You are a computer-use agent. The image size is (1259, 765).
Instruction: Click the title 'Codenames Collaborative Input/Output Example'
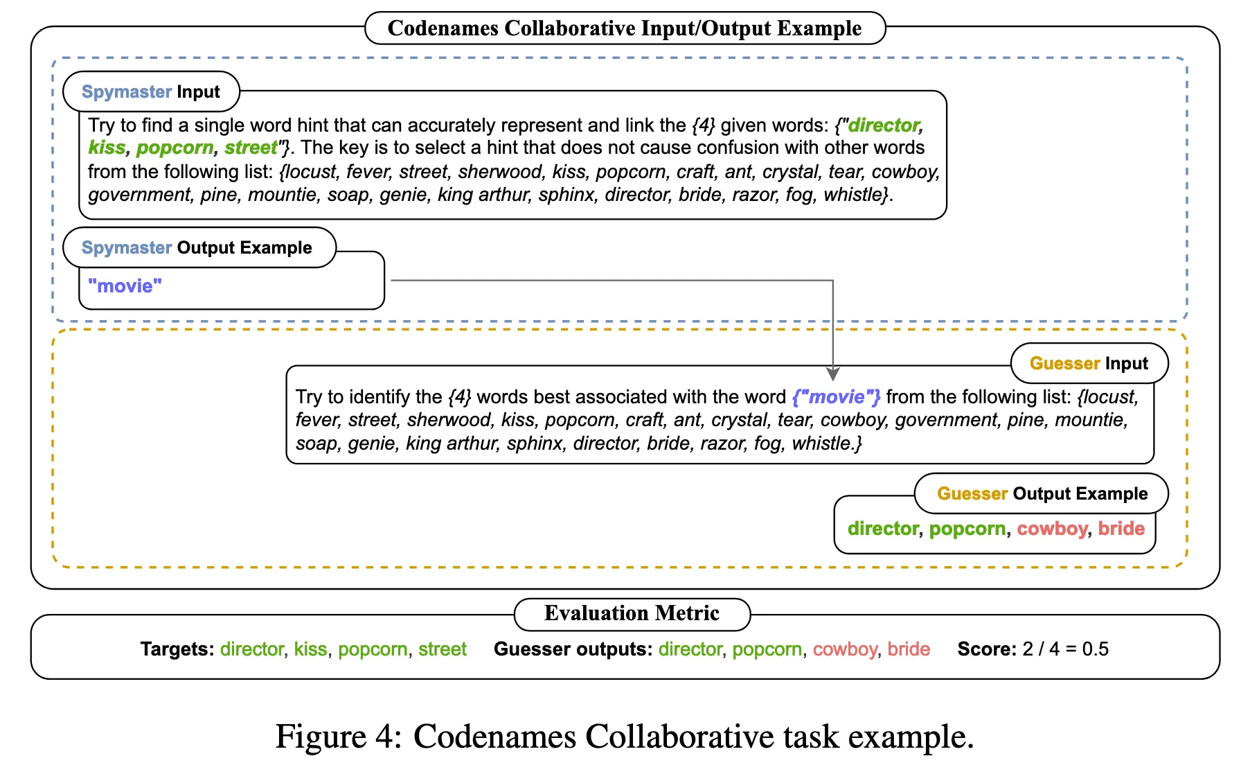coord(625,28)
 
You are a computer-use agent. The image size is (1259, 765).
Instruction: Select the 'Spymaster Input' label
coord(151,91)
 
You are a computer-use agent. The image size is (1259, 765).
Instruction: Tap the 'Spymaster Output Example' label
coord(197,247)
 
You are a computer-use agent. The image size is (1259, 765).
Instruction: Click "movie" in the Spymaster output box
coord(125,285)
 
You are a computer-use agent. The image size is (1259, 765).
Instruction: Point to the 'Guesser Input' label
coord(1089,363)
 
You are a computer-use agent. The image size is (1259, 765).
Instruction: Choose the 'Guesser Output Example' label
coord(1042,493)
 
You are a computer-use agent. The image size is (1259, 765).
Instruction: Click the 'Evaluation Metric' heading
coord(632,613)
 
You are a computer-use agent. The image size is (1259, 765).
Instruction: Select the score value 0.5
coord(1095,649)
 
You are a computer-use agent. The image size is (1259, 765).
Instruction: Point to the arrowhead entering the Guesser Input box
coord(833,374)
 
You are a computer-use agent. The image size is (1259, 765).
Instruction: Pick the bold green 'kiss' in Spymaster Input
coord(107,148)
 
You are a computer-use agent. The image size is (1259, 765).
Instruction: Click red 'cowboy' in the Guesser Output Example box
coord(1052,529)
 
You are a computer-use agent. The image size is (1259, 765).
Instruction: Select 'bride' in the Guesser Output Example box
coord(1121,529)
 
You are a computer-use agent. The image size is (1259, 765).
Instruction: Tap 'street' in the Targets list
coord(443,649)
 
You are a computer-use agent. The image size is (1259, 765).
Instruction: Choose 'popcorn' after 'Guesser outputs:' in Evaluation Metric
coord(767,650)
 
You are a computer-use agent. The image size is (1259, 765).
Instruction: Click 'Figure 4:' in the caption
coord(339,736)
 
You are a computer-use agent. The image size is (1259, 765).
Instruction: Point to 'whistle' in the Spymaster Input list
coord(851,195)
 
